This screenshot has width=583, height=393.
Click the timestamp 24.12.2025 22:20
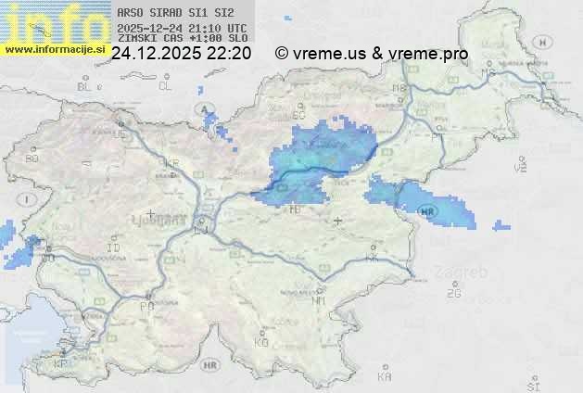181,54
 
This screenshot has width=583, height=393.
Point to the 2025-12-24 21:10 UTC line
182,28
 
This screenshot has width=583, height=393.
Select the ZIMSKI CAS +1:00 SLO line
182,39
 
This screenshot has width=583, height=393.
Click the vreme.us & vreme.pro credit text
372,54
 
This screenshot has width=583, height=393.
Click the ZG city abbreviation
453,294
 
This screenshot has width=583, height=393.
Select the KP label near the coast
60,364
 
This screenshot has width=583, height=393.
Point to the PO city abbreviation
146,306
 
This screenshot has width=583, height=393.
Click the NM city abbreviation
320,300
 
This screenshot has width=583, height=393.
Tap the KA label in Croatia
385,377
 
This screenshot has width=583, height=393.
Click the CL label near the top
165,86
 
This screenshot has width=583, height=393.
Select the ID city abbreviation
114,248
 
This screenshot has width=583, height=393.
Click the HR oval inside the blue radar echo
427,211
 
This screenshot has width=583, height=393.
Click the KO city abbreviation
261,342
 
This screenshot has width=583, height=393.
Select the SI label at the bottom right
532,385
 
